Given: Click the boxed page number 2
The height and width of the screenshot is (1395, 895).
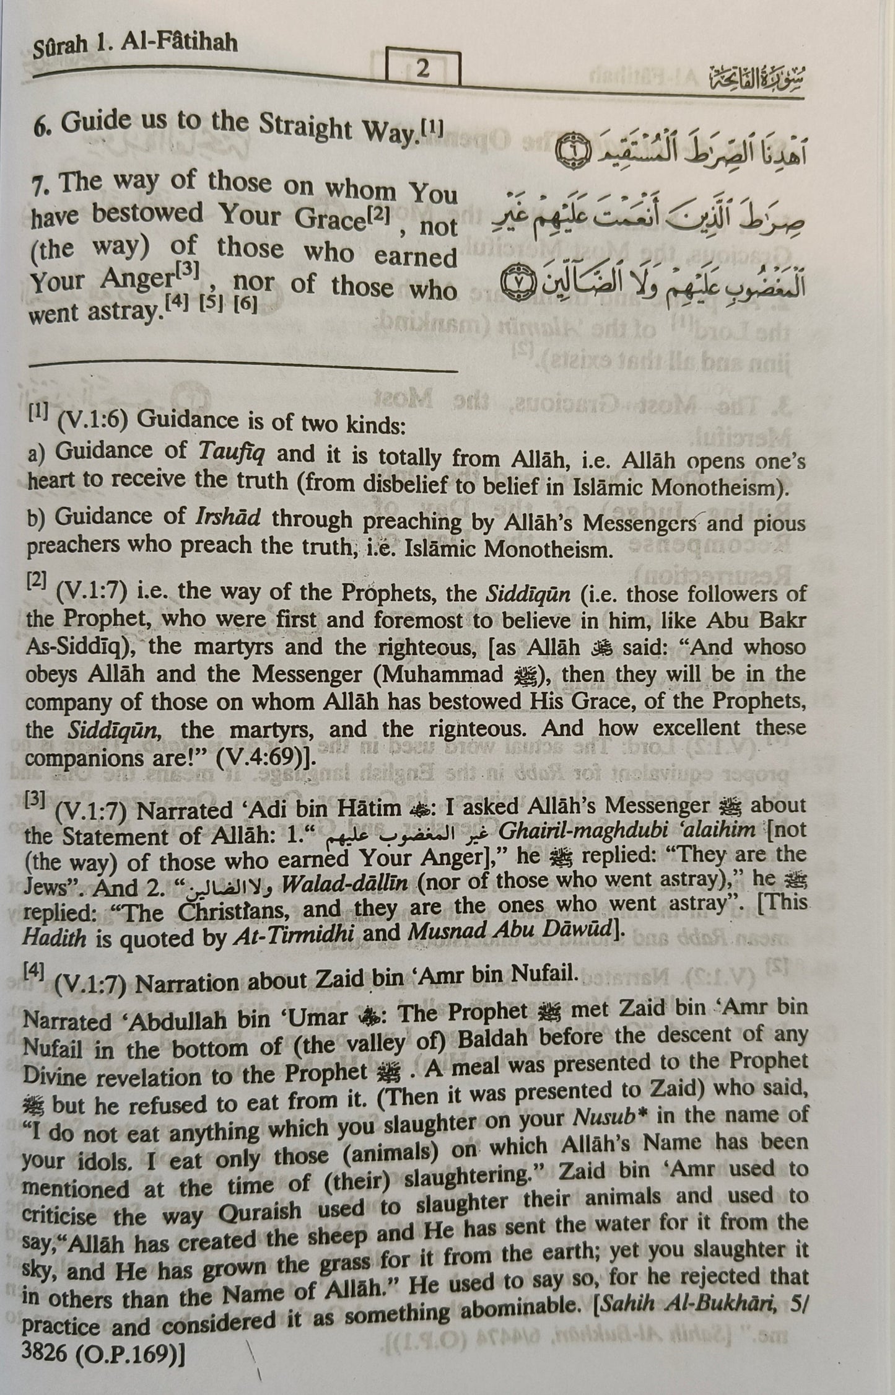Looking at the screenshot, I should (x=423, y=68).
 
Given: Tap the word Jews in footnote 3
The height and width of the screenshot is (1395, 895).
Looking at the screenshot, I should (x=47, y=888).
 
